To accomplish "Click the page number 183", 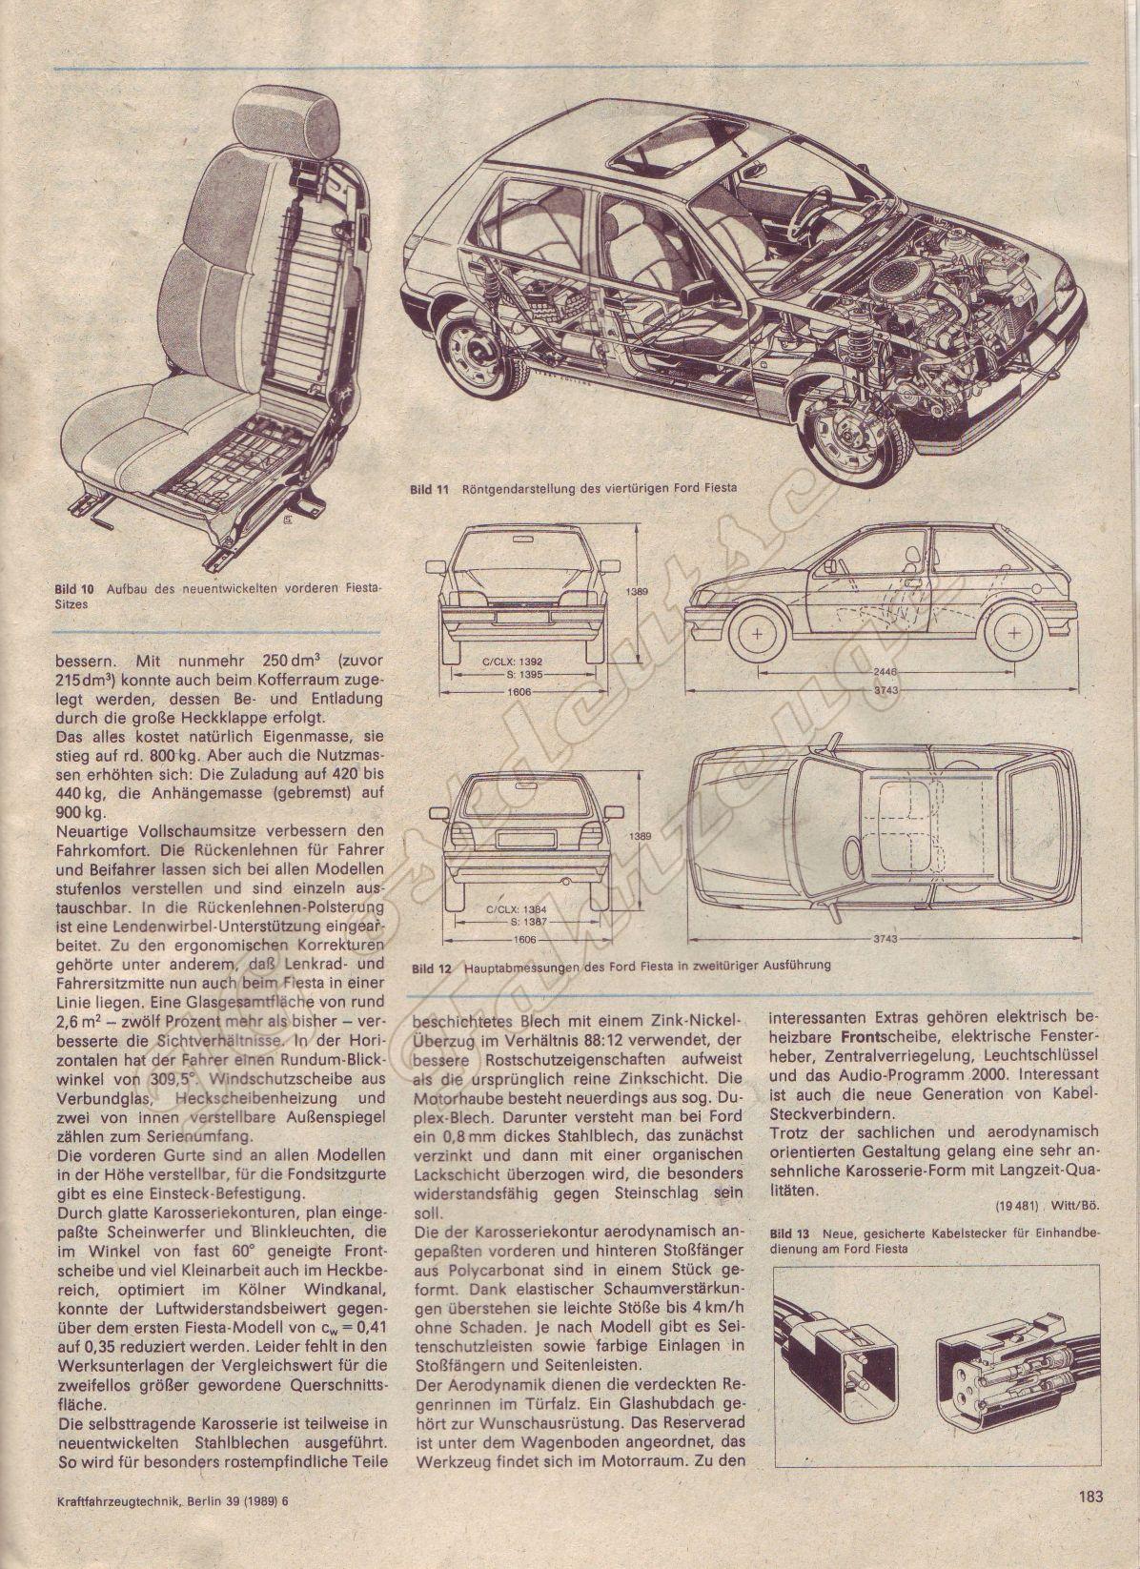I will coord(1091,1522).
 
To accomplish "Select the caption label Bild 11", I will coord(429,489).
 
